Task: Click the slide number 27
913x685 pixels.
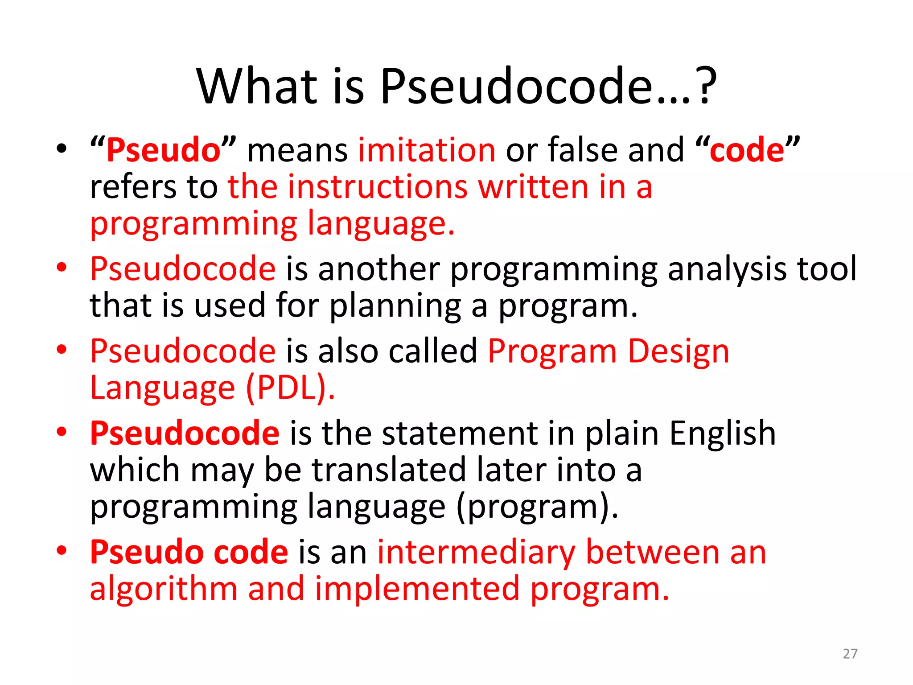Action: pyautogui.click(x=850, y=654)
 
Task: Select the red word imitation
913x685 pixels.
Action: pyautogui.click(x=427, y=150)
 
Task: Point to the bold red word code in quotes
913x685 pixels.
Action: pyautogui.click(x=747, y=151)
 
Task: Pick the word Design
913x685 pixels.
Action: pyautogui.click(x=678, y=351)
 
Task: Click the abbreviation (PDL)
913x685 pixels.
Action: pyautogui.click(x=290, y=388)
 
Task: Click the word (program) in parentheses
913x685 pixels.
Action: pyautogui.click(x=537, y=508)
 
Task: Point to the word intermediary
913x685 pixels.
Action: pyautogui.click(x=476, y=553)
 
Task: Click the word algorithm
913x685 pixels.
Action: pyautogui.click(x=164, y=589)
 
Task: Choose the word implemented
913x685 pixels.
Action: pyautogui.click(x=417, y=589)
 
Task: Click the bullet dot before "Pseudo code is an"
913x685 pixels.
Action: pyautogui.click(x=62, y=551)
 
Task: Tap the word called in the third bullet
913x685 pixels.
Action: pyautogui.click(x=433, y=351)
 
